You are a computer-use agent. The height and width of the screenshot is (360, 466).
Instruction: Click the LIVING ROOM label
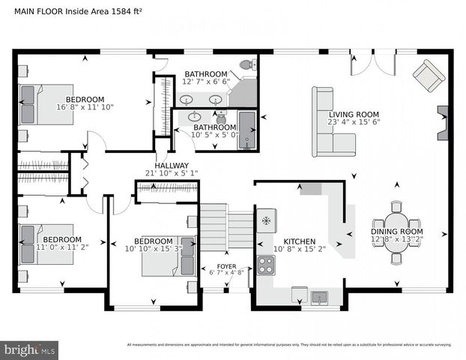[354, 112]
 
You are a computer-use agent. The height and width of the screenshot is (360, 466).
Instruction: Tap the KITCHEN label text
[300, 240]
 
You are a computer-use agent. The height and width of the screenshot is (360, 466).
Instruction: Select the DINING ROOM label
[397, 232]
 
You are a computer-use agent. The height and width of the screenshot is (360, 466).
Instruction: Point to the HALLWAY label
[172, 166]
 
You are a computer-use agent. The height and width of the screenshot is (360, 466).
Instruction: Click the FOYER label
[226, 266]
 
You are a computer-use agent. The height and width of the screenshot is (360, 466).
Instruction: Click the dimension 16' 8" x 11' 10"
[85, 108]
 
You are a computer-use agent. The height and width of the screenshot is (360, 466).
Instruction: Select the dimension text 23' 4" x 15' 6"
[354, 121]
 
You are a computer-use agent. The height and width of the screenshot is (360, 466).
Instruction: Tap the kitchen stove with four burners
[266, 264]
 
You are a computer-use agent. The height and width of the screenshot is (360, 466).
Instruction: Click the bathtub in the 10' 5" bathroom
[246, 131]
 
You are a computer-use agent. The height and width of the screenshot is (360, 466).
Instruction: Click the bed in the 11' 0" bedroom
[46, 244]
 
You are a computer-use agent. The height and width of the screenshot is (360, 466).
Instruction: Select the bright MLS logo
[29, 349]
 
